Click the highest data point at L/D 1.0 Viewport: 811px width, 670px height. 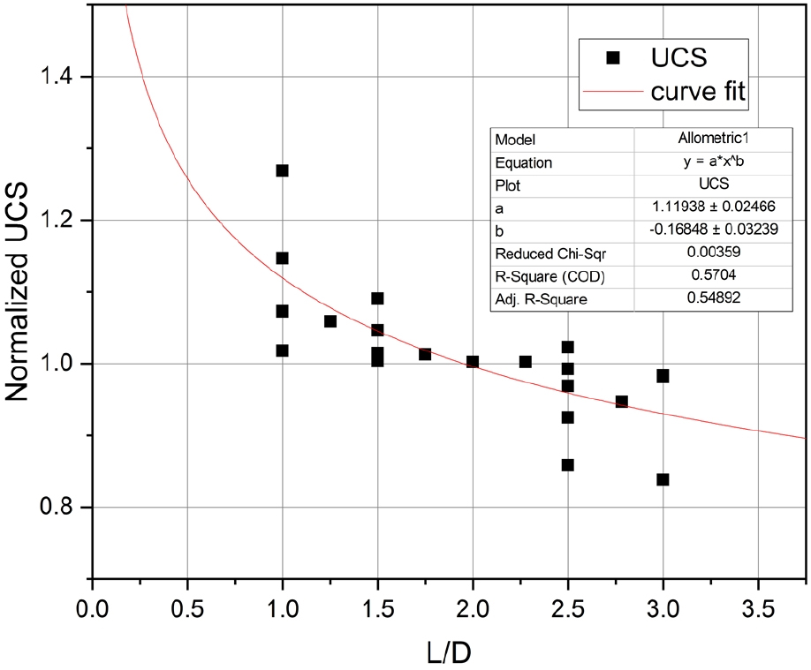[282, 170]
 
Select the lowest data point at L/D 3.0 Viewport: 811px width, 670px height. [663, 479]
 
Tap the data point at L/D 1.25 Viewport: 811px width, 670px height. [330, 321]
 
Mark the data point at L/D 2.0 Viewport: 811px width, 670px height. [473, 362]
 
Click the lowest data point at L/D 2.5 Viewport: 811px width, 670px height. [567, 465]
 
